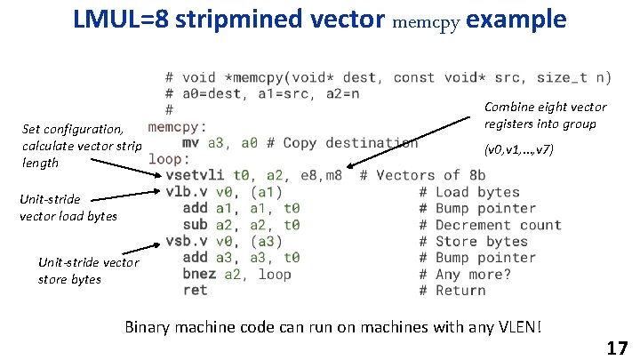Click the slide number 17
pos(617,348)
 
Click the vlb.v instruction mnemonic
pos(186,192)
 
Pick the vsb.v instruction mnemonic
pos(186,241)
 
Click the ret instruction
pos(194,290)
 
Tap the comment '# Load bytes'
pos(469,192)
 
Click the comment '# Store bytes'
pos(473,241)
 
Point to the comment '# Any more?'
pos(465,274)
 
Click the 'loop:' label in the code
pos(169,159)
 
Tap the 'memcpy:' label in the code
pos(178,126)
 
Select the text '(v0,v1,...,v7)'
pos(518,149)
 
